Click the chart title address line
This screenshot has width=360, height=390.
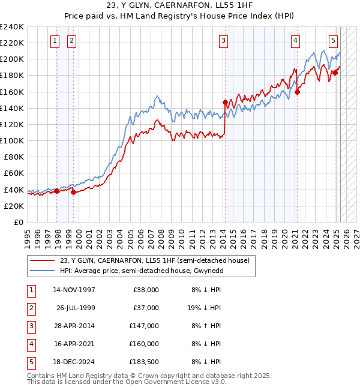click(x=179, y=6)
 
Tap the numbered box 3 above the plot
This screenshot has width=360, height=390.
click(x=223, y=41)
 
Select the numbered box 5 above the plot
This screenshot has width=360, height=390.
click(x=333, y=41)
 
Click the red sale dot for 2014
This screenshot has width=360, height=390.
click(x=225, y=102)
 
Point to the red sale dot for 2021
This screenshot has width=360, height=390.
click(x=297, y=92)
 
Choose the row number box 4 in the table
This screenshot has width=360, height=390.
click(x=30, y=344)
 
